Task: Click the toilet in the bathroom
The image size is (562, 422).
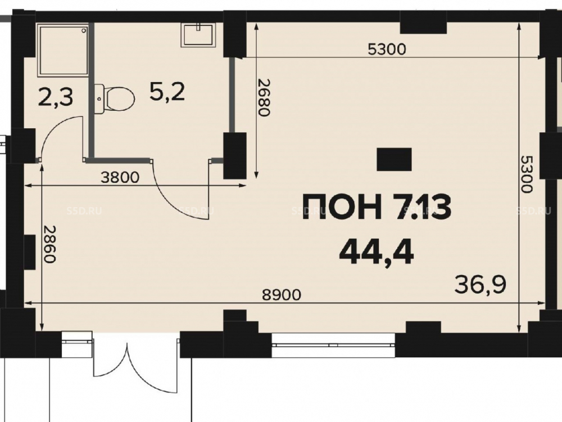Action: click(x=115, y=99)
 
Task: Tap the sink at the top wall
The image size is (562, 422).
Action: click(x=198, y=35)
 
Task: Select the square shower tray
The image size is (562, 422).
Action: click(x=63, y=50)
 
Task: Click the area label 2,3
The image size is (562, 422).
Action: click(x=56, y=97)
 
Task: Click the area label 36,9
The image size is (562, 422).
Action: click(x=481, y=285)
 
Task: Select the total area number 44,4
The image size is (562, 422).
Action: click(x=377, y=252)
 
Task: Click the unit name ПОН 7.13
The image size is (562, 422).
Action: click(x=377, y=208)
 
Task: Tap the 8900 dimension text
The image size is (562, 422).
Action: click(x=282, y=295)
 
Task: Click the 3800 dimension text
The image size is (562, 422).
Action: click(x=120, y=177)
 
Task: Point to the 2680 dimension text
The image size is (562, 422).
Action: click(x=264, y=97)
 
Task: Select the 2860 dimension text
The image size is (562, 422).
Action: click(x=49, y=244)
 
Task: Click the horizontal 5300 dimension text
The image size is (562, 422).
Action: click(x=387, y=49)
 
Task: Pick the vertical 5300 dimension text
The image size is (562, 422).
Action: click(x=526, y=174)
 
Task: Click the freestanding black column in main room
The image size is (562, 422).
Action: click(x=394, y=159)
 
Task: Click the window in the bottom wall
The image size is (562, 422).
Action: click(x=333, y=345)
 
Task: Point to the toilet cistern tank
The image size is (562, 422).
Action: click(x=99, y=99)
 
